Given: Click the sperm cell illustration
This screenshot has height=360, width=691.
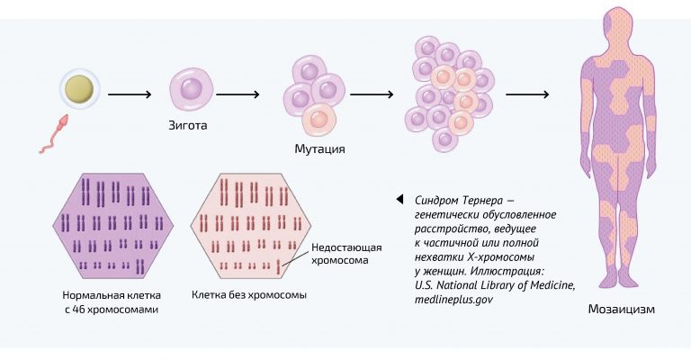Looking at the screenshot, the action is point(54,133).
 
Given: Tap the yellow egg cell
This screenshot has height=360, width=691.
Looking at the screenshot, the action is point(80,87).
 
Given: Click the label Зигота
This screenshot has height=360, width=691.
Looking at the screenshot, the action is point(188,126).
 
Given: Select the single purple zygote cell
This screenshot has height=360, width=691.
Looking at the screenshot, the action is point(192,89).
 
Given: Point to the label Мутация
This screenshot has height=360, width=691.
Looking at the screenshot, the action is point(319,148).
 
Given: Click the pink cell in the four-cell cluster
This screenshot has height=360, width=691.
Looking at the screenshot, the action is point(319,120).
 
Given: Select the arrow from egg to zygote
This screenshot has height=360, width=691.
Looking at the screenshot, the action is point(130,94).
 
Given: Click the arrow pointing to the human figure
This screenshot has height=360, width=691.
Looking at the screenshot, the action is point(527,94).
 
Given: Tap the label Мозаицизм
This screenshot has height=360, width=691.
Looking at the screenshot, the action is point(622,310).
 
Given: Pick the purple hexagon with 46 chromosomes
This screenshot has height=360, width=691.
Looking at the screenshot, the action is point(112,226).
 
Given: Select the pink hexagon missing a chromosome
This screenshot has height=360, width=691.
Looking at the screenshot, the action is point(251,226).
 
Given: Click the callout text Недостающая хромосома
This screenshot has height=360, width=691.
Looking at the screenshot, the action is point(346,254).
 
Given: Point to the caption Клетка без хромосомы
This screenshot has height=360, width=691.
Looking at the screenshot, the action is point(249,295).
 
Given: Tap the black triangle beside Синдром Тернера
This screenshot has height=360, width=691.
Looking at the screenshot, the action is point(399,199).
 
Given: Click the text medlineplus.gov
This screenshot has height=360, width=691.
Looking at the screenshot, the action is point(453,300).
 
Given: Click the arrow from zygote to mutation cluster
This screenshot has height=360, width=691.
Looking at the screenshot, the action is point(238,94).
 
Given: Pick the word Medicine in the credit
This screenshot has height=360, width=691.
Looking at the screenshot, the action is point(552,285).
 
